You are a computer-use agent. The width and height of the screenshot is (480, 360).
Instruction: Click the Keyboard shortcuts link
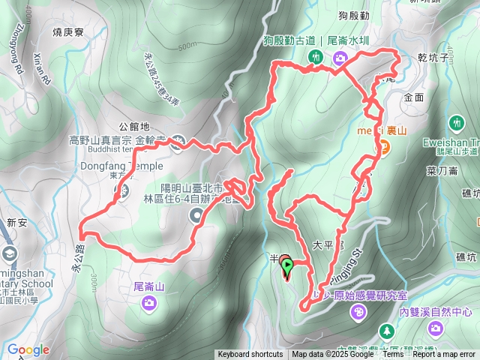click(x=250, y=355)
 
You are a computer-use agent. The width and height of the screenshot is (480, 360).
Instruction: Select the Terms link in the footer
click(x=391, y=355)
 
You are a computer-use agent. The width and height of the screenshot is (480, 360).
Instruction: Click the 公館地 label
click(x=134, y=127)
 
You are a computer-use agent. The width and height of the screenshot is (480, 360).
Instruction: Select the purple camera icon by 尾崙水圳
click(x=340, y=58)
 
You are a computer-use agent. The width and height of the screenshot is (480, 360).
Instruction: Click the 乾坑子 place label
click(x=434, y=57)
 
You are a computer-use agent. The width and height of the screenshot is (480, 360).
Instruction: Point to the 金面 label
click(x=413, y=97)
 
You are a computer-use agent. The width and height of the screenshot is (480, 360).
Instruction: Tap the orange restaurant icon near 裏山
click(x=383, y=148)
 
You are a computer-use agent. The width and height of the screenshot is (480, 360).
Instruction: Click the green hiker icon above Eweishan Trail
click(x=456, y=121)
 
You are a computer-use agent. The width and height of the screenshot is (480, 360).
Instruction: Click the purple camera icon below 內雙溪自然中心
click(x=435, y=328)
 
